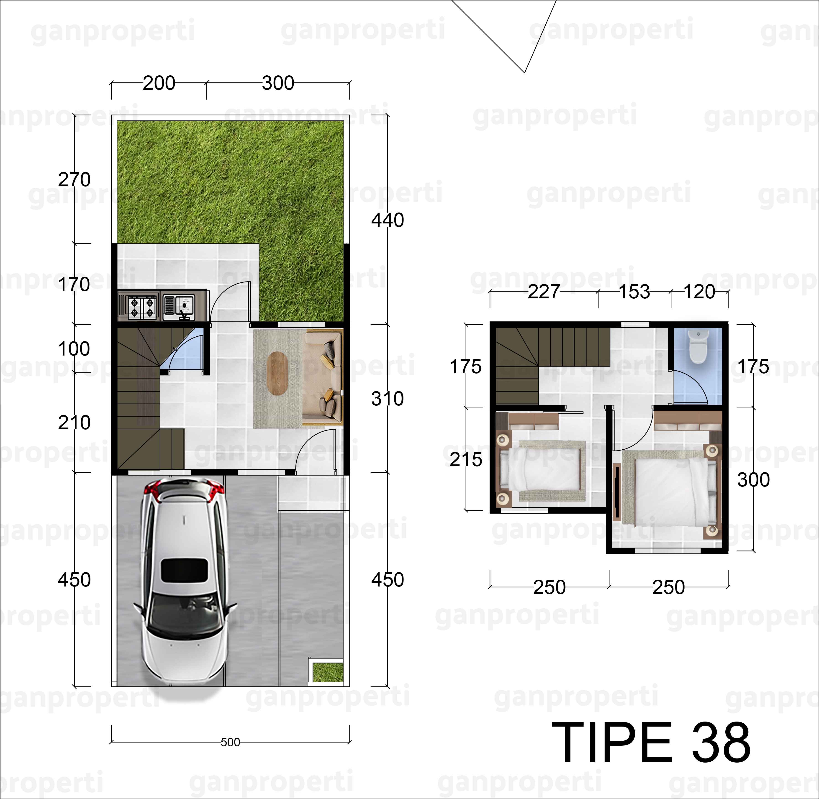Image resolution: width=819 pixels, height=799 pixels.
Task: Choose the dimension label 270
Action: click(74, 180)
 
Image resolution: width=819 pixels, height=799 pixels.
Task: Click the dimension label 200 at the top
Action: click(159, 83)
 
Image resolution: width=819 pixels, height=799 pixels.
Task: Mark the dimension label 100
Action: click(74, 349)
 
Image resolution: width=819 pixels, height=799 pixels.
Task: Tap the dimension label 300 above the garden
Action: click(278, 83)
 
